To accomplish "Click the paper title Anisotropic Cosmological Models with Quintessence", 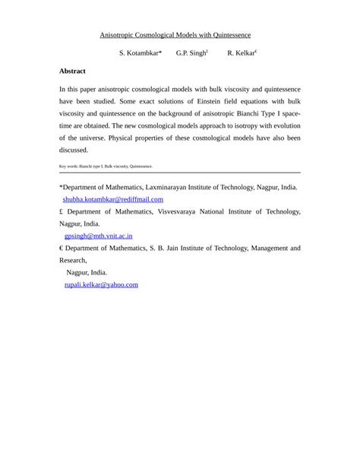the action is [x=175, y=35].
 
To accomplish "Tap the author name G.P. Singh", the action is [x=190, y=53].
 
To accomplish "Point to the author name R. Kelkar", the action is [x=240, y=53].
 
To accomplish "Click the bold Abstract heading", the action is [x=73, y=71].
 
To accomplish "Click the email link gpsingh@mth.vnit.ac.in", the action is [x=99, y=236].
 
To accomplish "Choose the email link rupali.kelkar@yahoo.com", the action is [x=101, y=284].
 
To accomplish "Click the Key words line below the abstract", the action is [x=106, y=166].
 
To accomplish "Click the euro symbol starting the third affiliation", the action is [x=62, y=248].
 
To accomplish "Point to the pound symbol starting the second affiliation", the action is [x=62, y=211].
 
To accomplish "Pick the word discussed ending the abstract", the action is [x=74, y=150].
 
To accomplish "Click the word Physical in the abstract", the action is [x=124, y=138].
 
